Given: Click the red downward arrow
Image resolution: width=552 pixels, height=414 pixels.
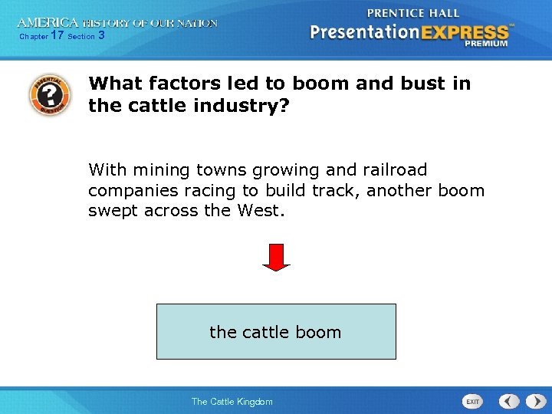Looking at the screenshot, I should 276,257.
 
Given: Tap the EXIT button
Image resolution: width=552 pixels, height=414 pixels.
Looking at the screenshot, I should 473,401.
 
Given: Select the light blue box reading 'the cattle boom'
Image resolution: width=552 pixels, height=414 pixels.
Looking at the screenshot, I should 276,331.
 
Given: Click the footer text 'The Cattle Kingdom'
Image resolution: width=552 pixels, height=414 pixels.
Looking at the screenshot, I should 232,402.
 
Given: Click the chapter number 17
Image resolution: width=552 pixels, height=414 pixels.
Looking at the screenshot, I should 57,35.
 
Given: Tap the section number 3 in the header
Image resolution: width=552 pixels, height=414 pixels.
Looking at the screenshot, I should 101,35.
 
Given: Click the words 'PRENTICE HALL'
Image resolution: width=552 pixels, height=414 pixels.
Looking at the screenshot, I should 413,13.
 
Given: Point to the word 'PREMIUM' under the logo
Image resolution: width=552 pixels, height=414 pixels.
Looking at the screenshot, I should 485,44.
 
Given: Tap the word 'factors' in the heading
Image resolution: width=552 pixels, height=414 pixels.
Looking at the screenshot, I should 179,83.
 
